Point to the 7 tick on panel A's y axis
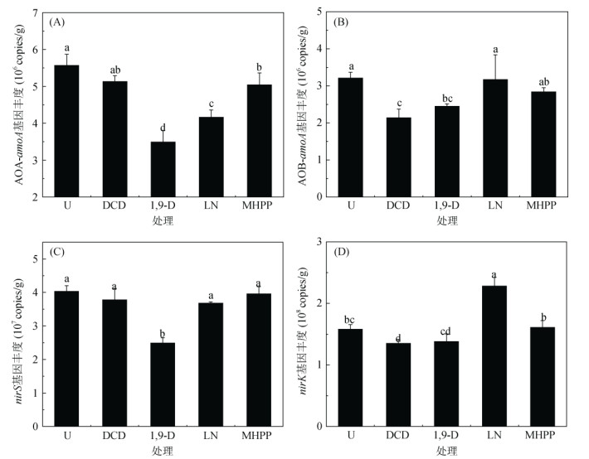[x=39, y=12]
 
